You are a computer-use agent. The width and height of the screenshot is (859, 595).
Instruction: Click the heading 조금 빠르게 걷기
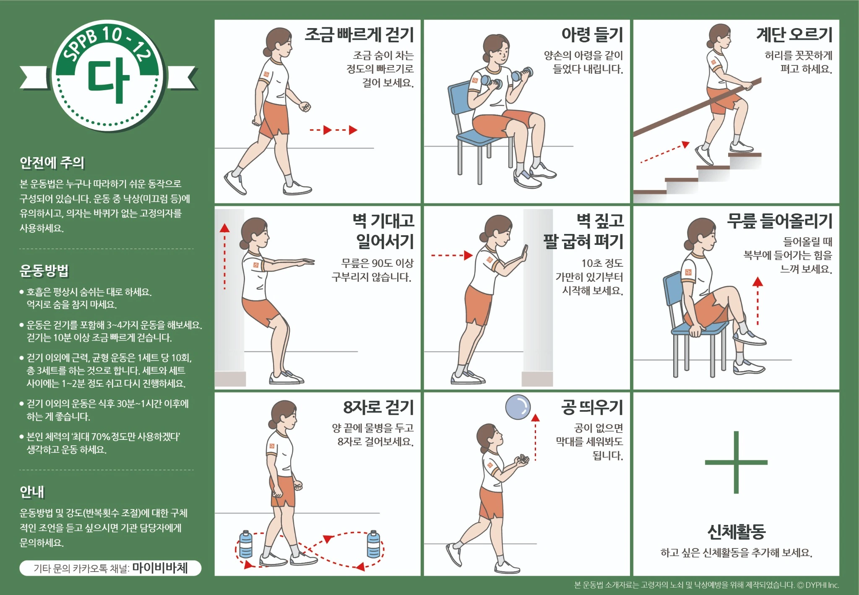tap(359, 35)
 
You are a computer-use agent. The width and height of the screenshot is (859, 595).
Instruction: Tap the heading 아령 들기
tap(592, 35)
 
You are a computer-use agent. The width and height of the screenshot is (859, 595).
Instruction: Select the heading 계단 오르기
tap(794, 35)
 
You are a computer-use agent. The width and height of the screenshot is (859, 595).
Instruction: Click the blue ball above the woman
tap(518, 407)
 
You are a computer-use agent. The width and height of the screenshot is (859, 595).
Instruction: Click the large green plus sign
tap(736, 462)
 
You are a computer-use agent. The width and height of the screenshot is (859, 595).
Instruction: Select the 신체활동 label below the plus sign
tap(736, 532)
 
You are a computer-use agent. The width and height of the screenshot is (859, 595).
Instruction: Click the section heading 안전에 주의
tap(52, 163)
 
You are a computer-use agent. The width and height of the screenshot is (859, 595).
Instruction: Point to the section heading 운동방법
tap(44, 270)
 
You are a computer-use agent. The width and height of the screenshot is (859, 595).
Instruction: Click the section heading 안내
tap(32, 492)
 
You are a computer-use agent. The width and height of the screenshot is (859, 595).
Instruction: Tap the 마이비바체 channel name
tap(160, 568)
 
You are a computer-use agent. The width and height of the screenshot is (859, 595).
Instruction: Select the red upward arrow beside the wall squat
tap(225, 256)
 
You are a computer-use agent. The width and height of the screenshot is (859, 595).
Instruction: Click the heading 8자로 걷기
tap(378, 407)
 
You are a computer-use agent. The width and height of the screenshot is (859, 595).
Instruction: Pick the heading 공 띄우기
tap(592, 407)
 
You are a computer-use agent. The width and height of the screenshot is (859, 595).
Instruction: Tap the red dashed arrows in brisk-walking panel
tap(334, 130)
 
